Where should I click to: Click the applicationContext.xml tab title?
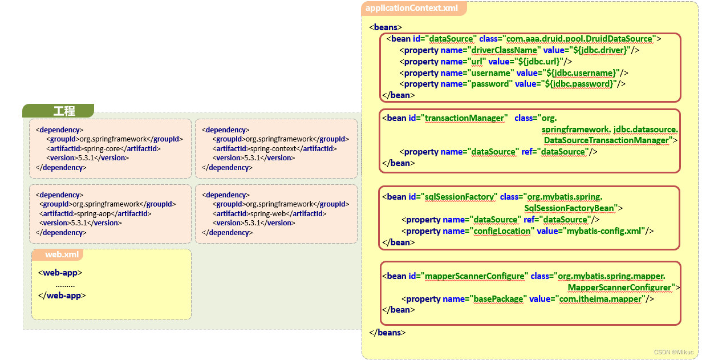click(411, 8)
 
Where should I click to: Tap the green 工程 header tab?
click(64, 111)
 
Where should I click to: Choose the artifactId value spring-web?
click(267, 213)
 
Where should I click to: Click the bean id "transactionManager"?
click(465, 118)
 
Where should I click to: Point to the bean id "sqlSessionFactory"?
click(460, 197)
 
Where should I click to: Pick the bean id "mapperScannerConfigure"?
click(474, 276)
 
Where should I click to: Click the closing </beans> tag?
click(387, 333)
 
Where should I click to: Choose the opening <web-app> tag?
click(60, 273)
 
